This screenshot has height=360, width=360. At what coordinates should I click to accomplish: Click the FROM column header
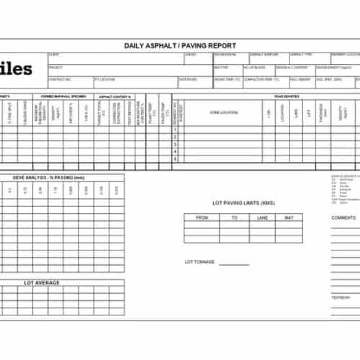[202, 217]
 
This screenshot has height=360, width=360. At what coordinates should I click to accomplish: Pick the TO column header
[234, 217]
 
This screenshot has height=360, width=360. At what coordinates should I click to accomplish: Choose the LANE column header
[262, 217]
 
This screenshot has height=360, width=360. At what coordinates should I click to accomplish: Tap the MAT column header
[289, 217]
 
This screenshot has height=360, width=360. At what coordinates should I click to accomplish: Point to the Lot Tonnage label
[199, 262]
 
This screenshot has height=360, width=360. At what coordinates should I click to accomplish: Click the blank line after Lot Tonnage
[234, 264]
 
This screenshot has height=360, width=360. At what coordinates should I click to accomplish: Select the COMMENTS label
[343, 217]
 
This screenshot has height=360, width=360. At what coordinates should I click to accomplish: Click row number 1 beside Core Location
[175, 130]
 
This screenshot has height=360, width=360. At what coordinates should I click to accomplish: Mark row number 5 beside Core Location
[175, 159]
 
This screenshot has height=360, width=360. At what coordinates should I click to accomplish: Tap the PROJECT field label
[55, 67]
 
